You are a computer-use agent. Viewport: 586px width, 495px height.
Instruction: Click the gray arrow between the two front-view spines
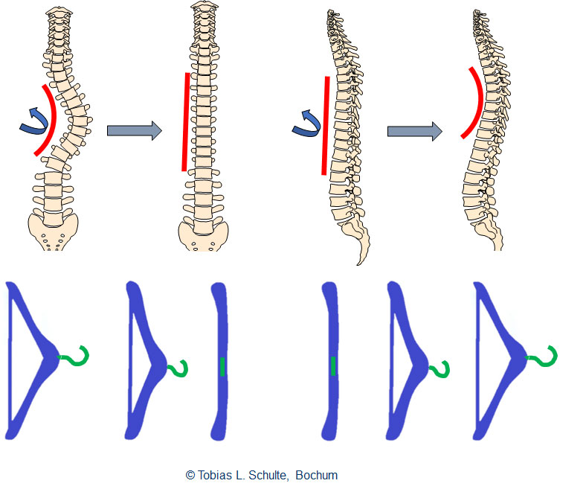pos(134,131)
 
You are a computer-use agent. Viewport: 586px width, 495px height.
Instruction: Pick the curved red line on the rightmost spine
pos(469,104)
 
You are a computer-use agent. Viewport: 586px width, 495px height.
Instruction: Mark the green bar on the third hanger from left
pos(222,365)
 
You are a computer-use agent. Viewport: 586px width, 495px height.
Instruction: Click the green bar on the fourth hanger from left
pos(333,365)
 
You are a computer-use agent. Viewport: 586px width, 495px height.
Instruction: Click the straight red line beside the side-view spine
pos(326,125)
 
